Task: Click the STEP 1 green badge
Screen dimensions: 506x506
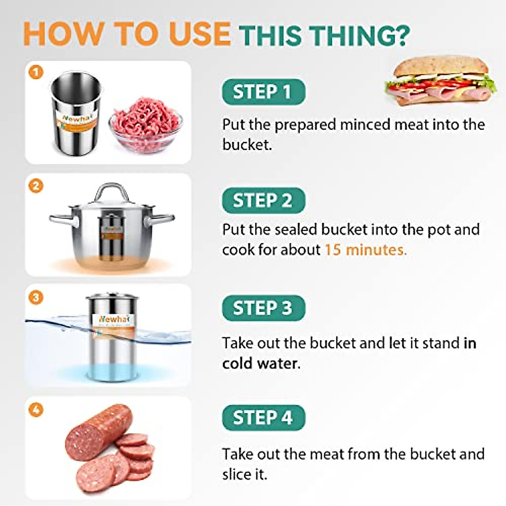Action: [263, 92]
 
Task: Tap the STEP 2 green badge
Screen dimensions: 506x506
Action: [263, 200]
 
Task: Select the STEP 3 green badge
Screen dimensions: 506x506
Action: [263, 308]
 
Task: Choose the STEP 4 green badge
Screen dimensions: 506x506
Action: [263, 418]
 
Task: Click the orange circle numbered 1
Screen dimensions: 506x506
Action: [36, 73]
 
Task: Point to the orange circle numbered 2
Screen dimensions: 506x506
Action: [36, 185]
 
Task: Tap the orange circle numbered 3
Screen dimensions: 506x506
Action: [36, 297]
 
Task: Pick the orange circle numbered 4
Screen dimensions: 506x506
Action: [36, 409]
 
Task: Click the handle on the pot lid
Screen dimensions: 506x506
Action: [111, 192]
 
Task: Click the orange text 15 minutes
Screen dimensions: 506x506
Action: [365, 250]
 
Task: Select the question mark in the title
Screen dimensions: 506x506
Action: [402, 35]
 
